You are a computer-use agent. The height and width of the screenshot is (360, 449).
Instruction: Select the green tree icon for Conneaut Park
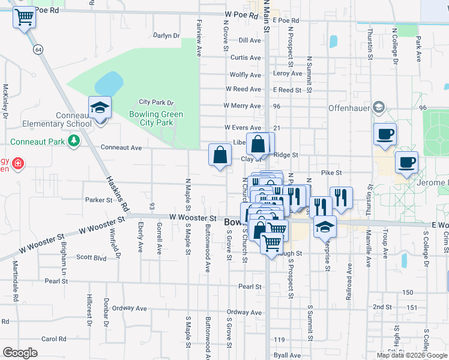click(x=73, y=141)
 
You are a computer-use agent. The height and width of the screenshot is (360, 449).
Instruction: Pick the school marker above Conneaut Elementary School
click(x=100, y=109)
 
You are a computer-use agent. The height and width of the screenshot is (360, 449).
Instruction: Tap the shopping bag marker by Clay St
click(x=220, y=155)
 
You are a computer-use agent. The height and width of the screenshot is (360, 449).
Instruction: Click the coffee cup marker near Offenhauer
click(x=385, y=134)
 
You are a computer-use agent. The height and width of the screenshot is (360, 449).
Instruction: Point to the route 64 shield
click(x=38, y=49)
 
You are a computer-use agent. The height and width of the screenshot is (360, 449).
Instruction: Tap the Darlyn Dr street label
click(x=166, y=35)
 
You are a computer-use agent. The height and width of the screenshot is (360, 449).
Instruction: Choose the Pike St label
click(x=331, y=172)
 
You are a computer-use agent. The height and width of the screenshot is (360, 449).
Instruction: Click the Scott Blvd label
click(x=91, y=257)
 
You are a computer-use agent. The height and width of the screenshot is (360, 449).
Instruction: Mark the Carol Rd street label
click(x=53, y=338)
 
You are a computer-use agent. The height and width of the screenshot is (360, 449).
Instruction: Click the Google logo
click(x=20, y=353)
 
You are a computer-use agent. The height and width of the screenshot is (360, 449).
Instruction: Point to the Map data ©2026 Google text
click(x=412, y=355)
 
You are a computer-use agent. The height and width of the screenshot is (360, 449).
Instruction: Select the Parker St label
click(x=99, y=200)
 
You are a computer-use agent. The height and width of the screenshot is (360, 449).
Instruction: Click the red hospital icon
click(x=18, y=163)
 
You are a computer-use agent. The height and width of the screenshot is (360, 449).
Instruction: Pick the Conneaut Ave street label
click(x=121, y=147)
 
